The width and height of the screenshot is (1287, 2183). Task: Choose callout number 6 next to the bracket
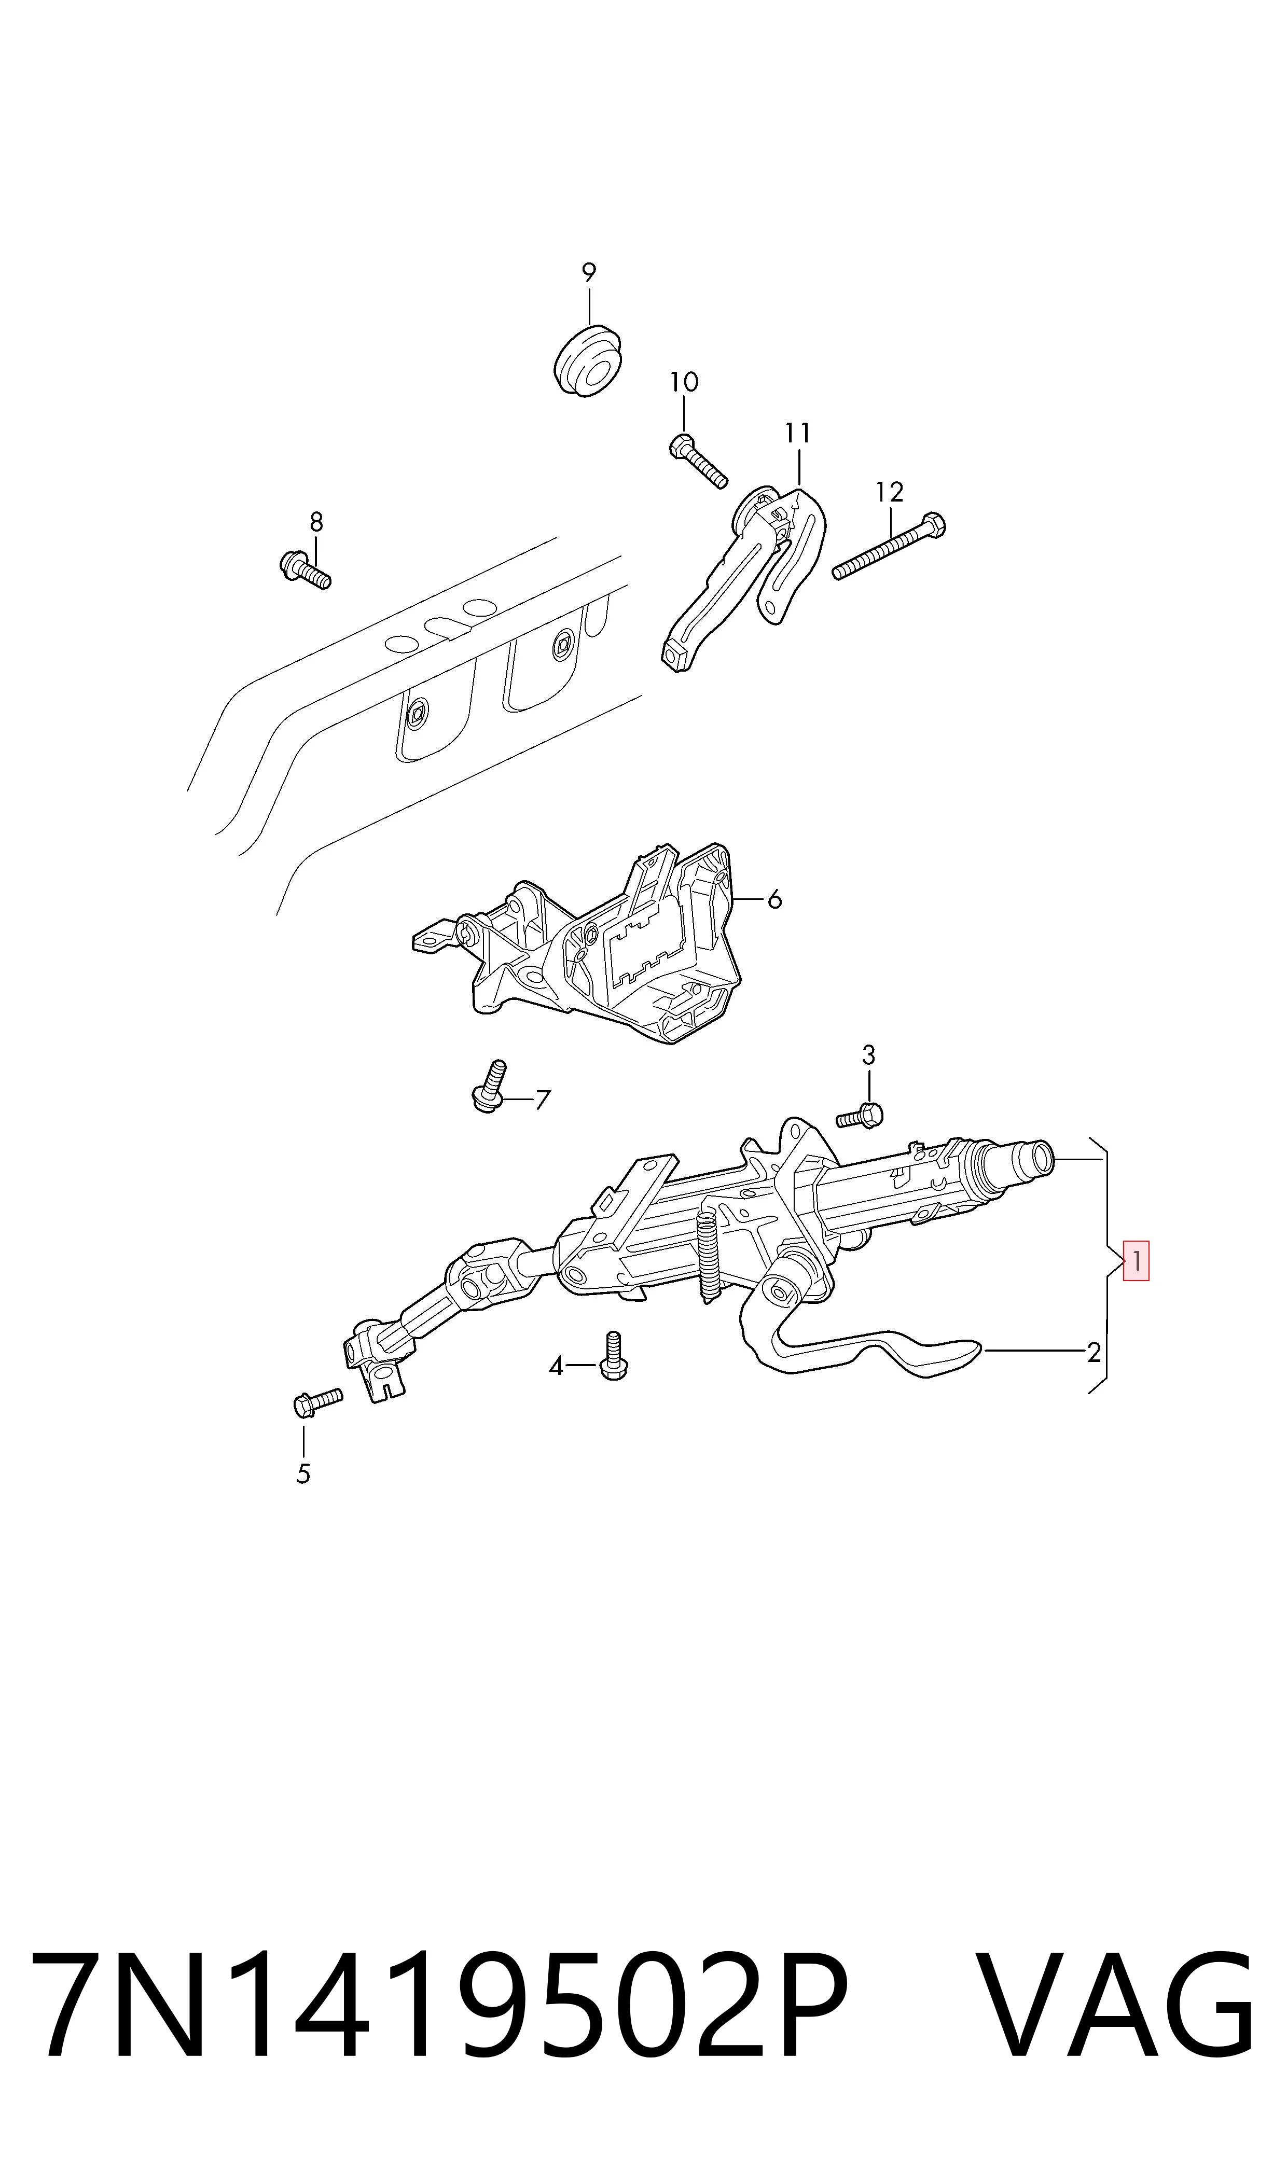point(774,900)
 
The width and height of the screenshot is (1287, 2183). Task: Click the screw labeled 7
point(491,1086)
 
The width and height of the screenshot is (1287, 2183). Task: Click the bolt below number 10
point(698,461)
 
